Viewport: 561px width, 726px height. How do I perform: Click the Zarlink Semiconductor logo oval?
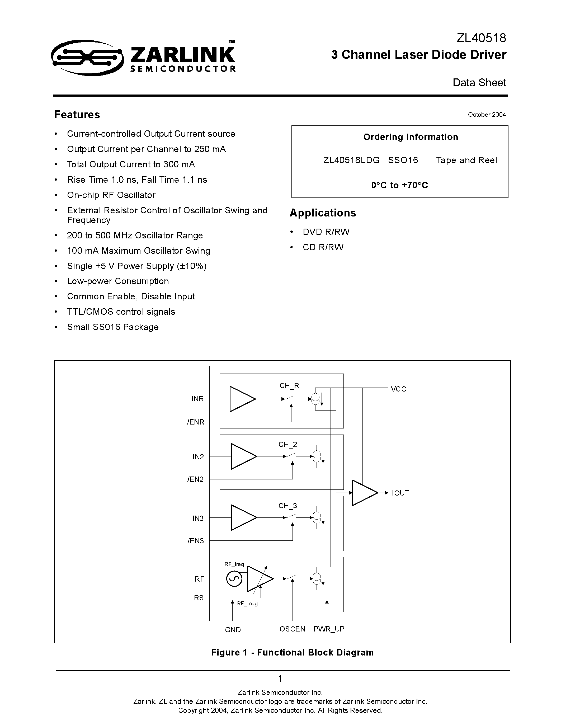(x=87, y=58)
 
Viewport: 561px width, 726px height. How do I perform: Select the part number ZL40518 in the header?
(x=481, y=38)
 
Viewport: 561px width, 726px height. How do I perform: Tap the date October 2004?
(x=487, y=115)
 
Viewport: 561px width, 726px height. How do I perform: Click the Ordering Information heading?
(x=411, y=137)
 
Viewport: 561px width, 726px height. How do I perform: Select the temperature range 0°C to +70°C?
(x=399, y=185)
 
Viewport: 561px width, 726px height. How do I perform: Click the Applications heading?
(x=323, y=213)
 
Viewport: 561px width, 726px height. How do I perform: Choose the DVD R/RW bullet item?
(x=326, y=232)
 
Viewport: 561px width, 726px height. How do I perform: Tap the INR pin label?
(x=197, y=399)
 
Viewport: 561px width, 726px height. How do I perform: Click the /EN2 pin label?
(x=195, y=479)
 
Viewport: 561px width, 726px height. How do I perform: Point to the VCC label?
(x=398, y=389)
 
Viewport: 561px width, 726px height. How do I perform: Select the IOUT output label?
(x=400, y=493)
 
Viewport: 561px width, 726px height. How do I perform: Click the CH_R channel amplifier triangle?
(x=241, y=399)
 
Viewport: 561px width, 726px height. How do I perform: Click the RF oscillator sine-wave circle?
(x=234, y=579)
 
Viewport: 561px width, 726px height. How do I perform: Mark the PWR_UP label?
(x=329, y=629)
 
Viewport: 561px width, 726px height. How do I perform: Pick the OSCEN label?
(x=292, y=629)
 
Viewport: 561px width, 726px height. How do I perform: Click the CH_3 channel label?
(x=288, y=506)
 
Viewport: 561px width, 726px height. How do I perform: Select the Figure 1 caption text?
(x=293, y=653)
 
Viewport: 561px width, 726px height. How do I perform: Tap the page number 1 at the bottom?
(x=280, y=678)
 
